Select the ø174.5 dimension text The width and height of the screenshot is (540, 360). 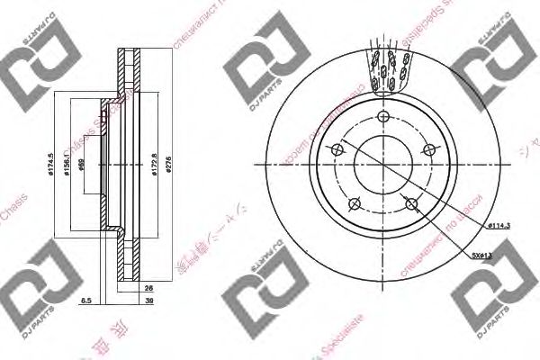(46, 166)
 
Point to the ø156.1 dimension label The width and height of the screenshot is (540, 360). (64, 166)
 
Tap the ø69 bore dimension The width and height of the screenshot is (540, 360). (82, 166)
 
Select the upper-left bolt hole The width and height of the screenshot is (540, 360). (336, 149)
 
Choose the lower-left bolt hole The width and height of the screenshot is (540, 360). (354, 202)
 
